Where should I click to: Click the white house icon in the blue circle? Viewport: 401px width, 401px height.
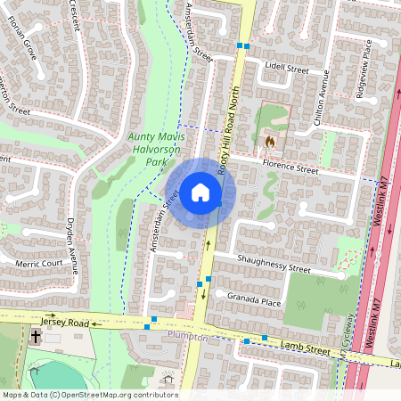tap(200, 192)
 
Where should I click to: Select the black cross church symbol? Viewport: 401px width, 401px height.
tap(35, 337)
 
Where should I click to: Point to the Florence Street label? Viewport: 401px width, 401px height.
tap(288, 168)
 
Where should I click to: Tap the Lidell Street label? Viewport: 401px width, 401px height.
tap(285, 69)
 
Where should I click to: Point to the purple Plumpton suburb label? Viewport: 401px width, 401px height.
tap(187, 339)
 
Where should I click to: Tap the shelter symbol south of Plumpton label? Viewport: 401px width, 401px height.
tap(168, 379)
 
